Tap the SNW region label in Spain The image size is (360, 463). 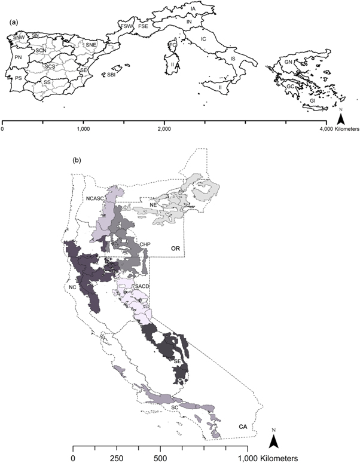point(19,39)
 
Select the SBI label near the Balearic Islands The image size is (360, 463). point(111,76)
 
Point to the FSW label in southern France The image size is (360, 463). point(126,27)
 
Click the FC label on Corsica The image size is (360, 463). point(173,45)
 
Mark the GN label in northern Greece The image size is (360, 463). point(289,62)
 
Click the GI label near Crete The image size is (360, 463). point(313,102)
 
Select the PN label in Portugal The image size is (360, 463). point(19,57)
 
